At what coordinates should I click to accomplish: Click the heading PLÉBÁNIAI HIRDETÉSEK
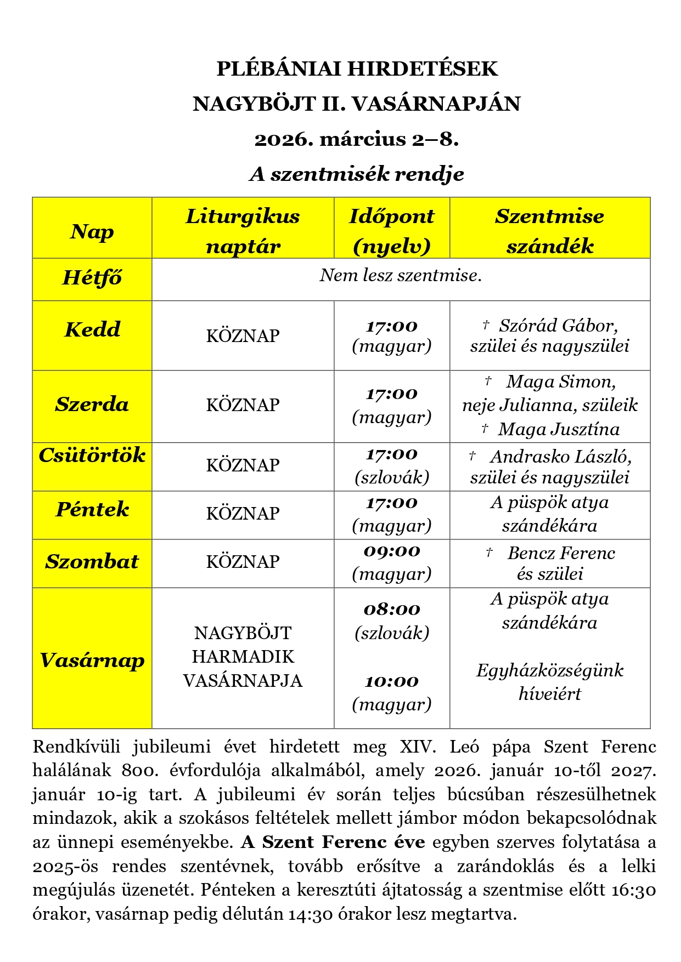(357, 69)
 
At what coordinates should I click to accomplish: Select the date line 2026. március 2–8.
(357, 139)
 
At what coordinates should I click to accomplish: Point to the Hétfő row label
(92, 278)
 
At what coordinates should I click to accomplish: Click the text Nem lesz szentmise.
(401, 275)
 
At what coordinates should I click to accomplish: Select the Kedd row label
(92, 329)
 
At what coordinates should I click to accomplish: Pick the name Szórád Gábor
(558, 326)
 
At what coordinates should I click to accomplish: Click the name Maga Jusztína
(559, 429)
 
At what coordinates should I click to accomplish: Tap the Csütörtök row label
(92, 456)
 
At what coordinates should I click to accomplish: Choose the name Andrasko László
(560, 457)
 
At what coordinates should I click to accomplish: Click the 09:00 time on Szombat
(392, 551)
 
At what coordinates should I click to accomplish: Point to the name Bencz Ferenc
(561, 553)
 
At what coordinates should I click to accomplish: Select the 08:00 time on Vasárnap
(392, 610)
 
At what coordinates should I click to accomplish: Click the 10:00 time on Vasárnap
(392, 682)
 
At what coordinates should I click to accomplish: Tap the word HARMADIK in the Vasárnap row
(243, 657)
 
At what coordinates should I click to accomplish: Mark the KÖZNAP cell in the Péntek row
(243, 514)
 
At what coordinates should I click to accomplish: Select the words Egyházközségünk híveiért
(549, 682)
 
